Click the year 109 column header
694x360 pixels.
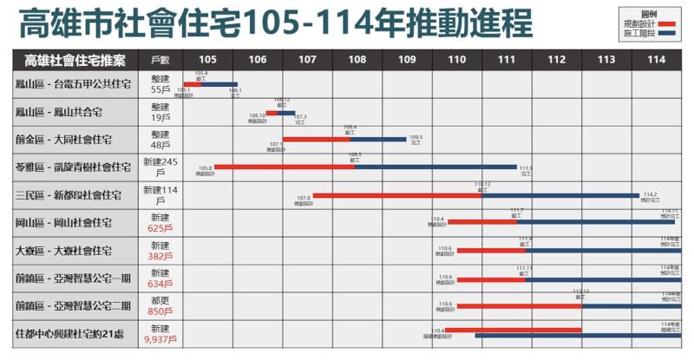[x=407, y=60]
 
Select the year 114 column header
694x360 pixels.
[x=656, y=60]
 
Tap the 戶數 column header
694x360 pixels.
[x=160, y=60]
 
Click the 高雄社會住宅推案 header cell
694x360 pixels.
[x=75, y=60]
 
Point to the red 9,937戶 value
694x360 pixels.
[x=160, y=340]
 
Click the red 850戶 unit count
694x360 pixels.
[x=160, y=312]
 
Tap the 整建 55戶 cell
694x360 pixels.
[x=160, y=84]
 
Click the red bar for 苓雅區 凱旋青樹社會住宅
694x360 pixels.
[x=285, y=167]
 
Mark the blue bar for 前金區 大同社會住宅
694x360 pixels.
[x=377, y=139]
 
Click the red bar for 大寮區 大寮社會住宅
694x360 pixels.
[x=491, y=251]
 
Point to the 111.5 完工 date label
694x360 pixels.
[x=526, y=170]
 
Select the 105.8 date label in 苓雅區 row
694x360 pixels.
[x=206, y=170]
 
